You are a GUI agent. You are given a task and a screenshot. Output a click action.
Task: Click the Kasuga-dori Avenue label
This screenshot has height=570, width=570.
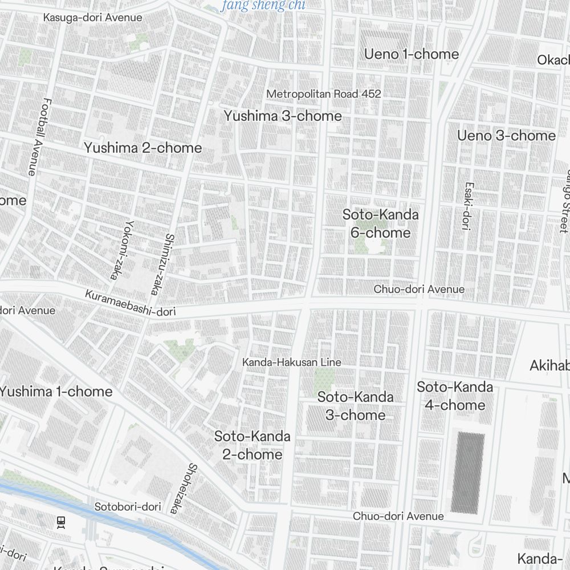(92, 18)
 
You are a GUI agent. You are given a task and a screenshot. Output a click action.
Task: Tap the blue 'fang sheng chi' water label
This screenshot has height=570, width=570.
(263, 6)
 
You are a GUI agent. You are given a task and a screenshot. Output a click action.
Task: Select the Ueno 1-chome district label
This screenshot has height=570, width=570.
(411, 55)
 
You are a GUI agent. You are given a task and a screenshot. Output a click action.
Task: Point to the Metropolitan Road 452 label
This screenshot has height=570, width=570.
(324, 93)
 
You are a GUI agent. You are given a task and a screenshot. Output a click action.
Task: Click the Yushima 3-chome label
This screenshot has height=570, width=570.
(283, 116)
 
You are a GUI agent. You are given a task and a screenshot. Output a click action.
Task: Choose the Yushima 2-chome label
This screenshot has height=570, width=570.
(143, 148)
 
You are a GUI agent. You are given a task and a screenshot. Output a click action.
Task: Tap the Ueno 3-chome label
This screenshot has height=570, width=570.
(506, 136)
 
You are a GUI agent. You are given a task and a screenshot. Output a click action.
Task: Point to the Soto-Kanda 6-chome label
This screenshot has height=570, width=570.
(380, 223)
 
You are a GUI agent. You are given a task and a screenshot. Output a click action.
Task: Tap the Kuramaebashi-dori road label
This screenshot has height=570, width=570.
(131, 303)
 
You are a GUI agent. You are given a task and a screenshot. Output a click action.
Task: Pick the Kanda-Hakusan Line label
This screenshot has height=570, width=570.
(292, 363)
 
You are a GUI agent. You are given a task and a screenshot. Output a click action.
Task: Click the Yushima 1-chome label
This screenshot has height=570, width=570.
(56, 392)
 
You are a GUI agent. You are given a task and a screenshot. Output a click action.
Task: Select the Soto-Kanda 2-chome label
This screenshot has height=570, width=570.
(252, 445)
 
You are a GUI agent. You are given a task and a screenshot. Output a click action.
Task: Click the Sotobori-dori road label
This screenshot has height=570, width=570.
(128, 507)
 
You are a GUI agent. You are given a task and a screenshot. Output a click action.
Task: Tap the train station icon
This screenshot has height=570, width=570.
(61, 522)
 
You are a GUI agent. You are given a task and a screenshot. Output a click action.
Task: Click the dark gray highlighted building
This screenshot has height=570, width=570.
(468, 473)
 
